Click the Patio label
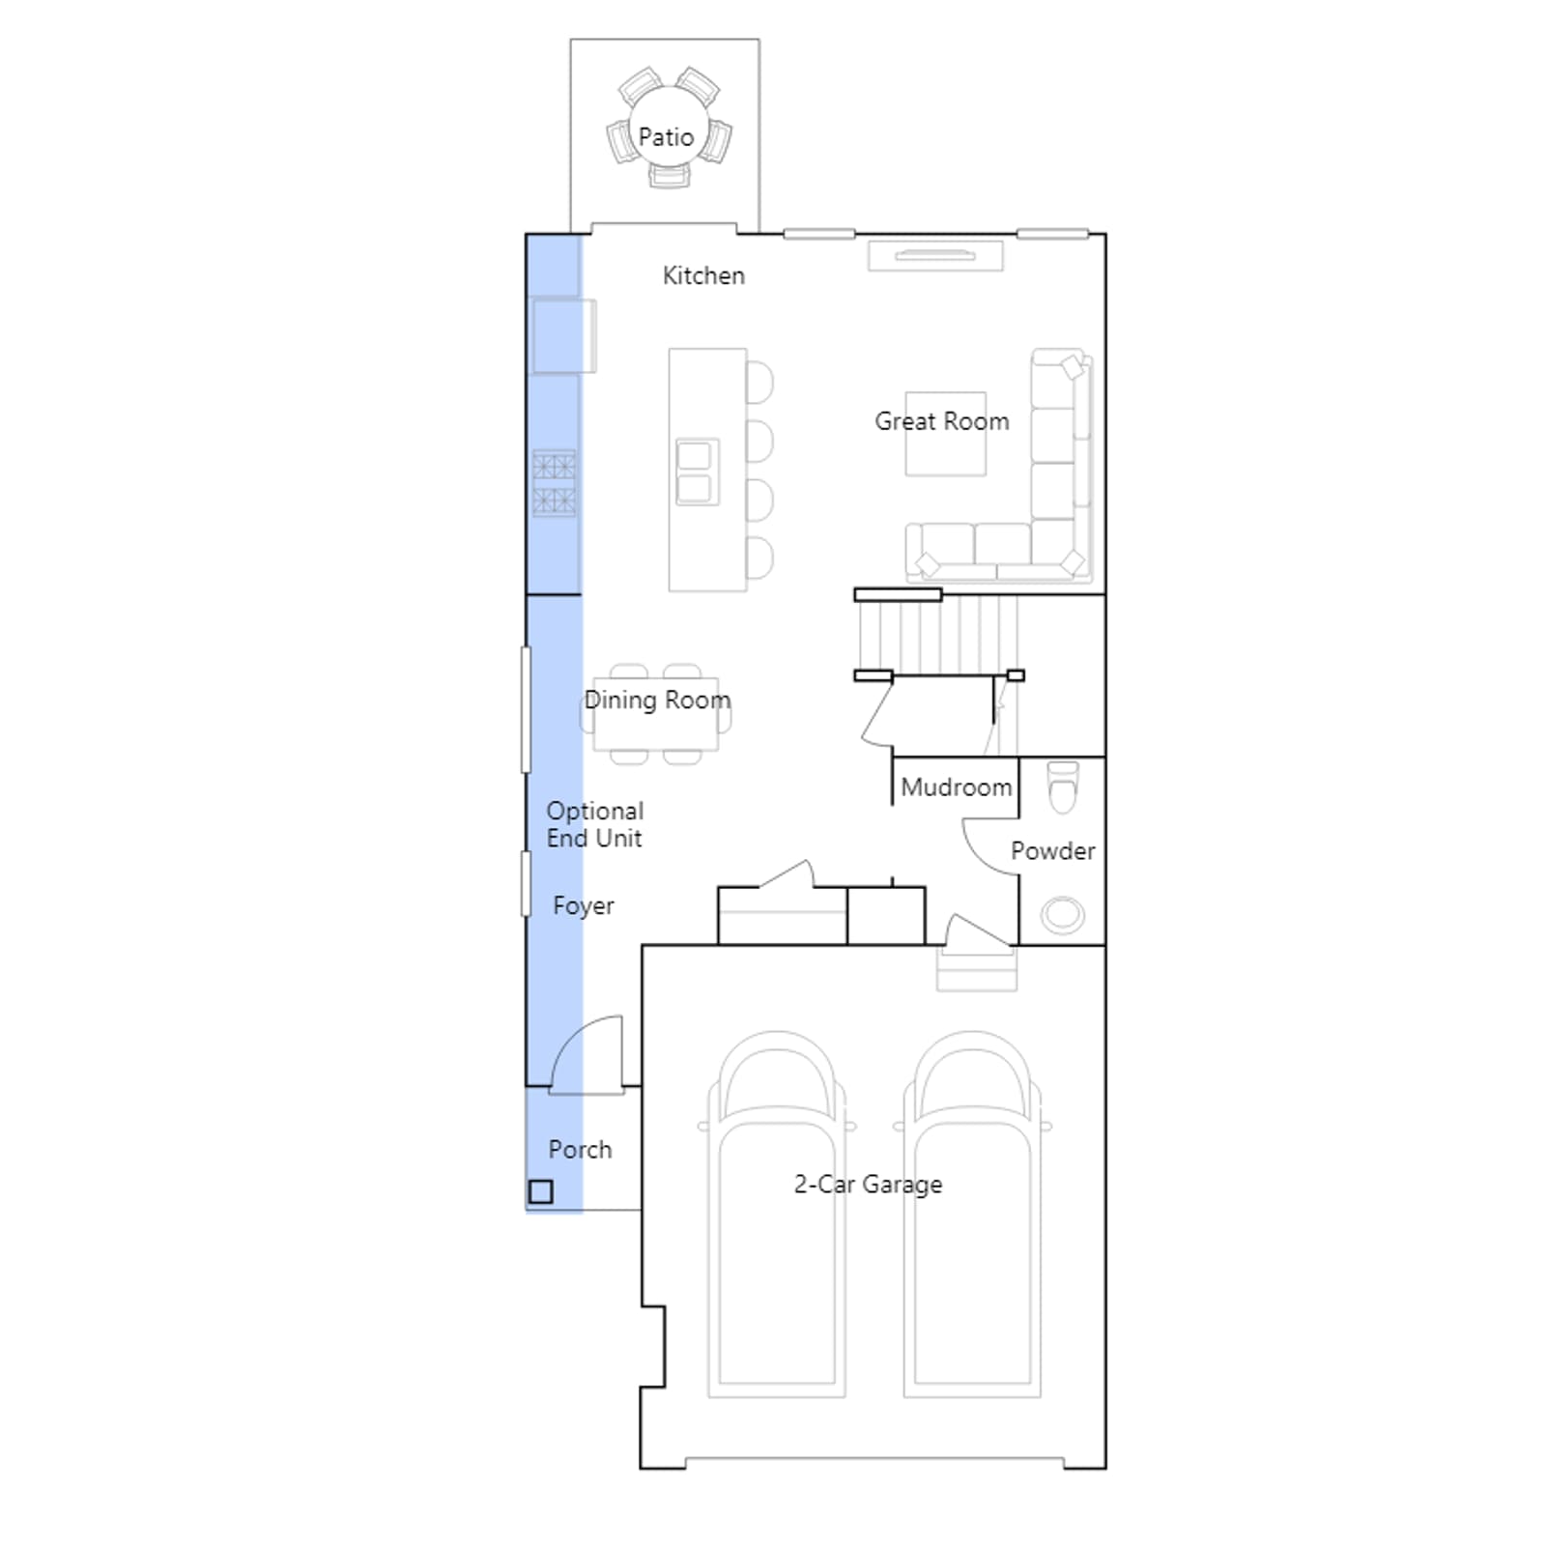coord(666,137)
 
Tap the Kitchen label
coord(703,275)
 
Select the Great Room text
coord(942,421)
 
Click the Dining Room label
coord(657,701)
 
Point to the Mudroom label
coord(957,787)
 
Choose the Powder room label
coord(1053,851)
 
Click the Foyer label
coord(584,906)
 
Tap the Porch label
coord(580,1150)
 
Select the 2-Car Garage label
coord(868,1185)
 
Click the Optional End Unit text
coord(595,824)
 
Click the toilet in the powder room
coord(1063,788)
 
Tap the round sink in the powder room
coord(1063,914)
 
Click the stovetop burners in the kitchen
coord(555,483)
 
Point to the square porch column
coord(541,1191)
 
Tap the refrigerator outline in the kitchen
coord(563,335)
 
